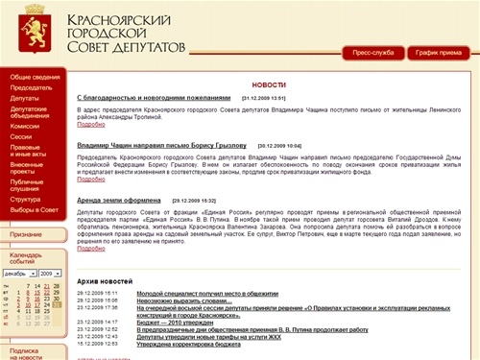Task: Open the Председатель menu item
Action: [x=32, y=87]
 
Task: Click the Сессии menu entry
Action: [x=21, y=136]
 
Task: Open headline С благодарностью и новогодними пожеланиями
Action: [x=154, y=98]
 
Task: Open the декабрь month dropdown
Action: [x=20, y=274]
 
